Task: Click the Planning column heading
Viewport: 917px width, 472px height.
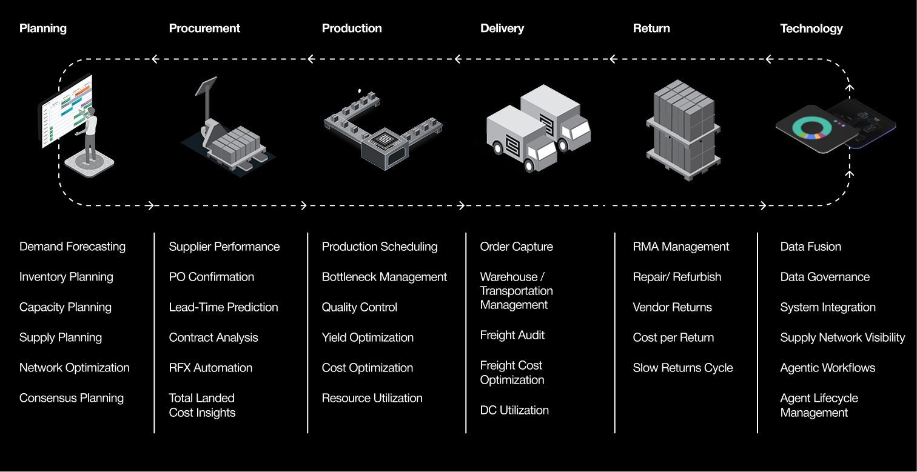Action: click(x=43, y=28)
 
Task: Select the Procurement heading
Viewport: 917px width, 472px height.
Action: click(x=204, y=28)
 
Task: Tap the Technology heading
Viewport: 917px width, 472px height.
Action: click(x=811, y=28)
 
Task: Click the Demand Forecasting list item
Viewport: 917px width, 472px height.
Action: click(x=72, y=247)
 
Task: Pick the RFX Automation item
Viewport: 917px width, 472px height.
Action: click(x=210, y=368)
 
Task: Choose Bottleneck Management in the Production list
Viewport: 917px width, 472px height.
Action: click(x=384, y=277)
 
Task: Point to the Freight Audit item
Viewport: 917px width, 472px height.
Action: click(x=512, y=335)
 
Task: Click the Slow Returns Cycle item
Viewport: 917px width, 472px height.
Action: click(x=682, y=368)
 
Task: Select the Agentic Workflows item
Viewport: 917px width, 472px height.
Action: click(x=827, y=368)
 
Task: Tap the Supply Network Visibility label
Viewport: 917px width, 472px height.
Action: click(x=842, y=337)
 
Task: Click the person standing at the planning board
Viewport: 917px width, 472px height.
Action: click(x=90, y=135)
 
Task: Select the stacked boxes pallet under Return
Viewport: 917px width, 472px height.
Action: click(x=683, y=130)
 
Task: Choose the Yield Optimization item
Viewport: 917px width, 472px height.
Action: click(x=368, y=337)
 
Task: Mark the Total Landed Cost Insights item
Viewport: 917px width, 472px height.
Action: click(x=202, y=405)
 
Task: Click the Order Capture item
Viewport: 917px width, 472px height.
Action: click(x=516, y=247)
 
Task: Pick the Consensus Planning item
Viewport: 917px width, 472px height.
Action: click(x=72, y=398)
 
